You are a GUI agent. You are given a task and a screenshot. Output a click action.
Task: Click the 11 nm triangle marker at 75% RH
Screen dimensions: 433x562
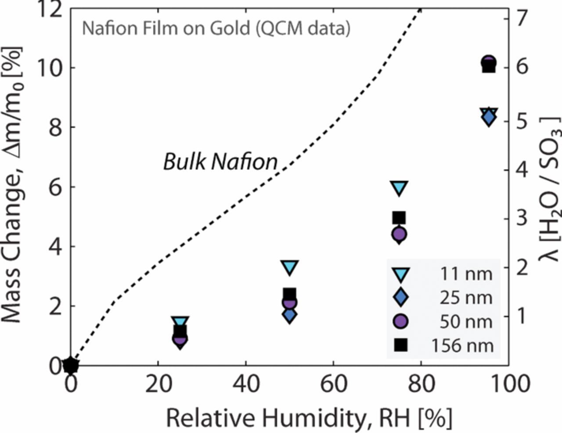coord(399,188)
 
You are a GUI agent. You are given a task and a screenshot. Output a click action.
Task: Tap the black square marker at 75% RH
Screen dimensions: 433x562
coord(399,217)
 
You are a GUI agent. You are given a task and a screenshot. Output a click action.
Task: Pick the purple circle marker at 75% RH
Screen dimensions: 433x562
coord(399,234)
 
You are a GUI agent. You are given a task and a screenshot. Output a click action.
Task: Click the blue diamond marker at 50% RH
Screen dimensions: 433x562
coord(289,315)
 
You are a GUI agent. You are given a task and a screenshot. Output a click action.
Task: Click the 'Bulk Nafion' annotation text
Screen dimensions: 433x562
coord(220,162)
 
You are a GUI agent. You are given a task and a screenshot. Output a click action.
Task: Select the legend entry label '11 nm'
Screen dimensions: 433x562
coord(466,274)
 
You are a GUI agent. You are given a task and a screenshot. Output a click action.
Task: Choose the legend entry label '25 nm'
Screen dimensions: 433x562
coord(466,298)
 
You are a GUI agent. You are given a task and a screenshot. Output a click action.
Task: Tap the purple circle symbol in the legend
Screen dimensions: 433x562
coord(400,321)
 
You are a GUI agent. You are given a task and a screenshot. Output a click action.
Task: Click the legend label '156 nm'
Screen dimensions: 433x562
coord(462,346)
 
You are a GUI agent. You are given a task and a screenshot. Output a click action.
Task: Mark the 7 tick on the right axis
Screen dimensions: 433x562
coord(521,18)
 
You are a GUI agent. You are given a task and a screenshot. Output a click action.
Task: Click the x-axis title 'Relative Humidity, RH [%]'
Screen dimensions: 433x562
coord(309,418)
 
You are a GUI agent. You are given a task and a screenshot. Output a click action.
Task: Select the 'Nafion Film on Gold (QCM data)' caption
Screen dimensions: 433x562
coord(216,29)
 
